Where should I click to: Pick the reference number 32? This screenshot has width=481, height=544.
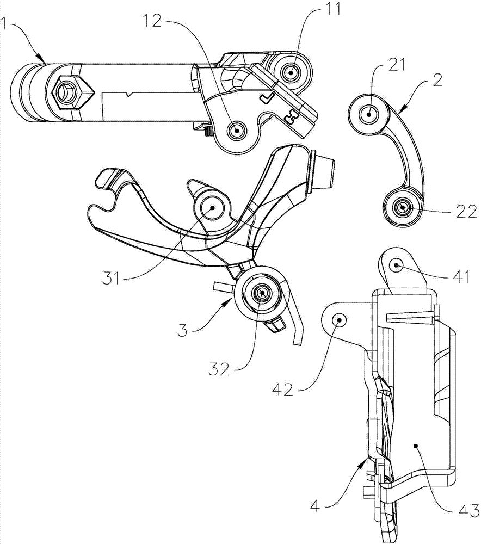219,369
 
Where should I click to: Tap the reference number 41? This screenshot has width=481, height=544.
460,276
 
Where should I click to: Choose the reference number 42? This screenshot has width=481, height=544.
282,391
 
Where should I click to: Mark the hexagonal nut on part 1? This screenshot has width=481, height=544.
68,92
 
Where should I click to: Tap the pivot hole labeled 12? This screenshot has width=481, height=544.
237,131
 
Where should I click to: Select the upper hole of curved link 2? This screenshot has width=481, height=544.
368,114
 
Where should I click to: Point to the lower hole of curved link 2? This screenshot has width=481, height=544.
403,207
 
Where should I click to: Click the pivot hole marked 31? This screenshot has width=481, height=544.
212,207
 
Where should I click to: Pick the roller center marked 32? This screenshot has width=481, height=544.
262,293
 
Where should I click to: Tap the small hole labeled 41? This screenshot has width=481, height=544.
396,265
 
